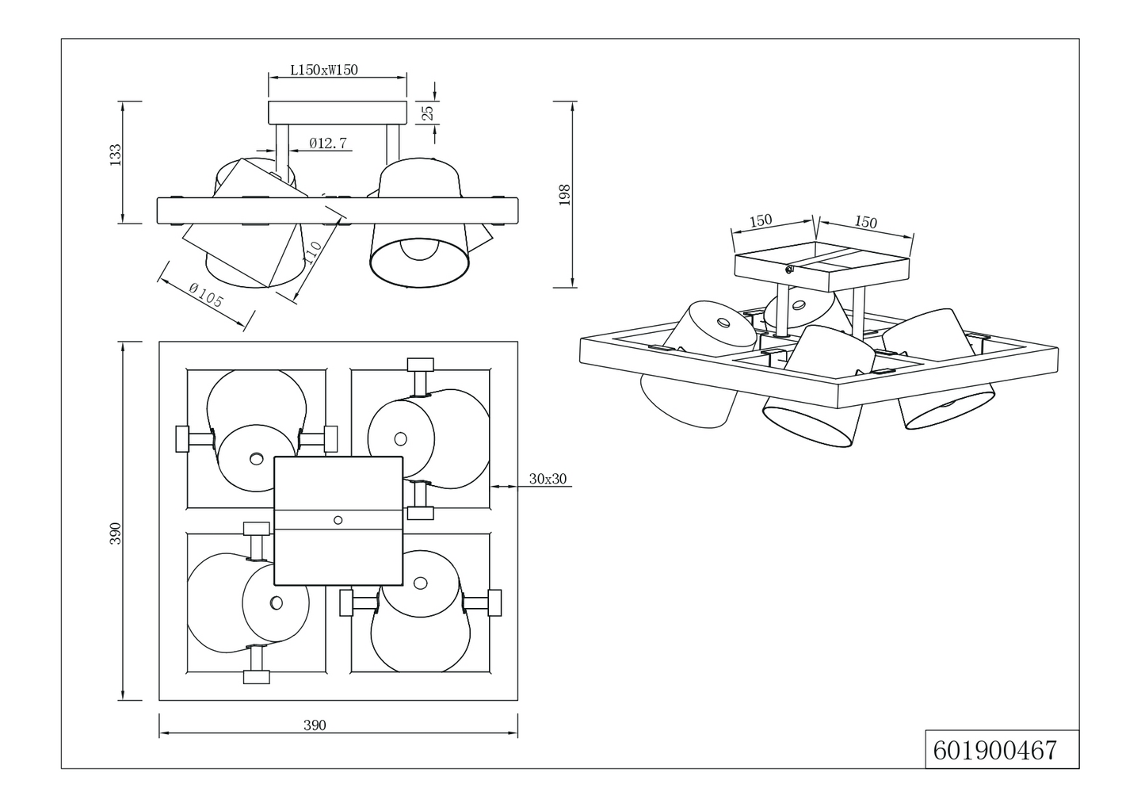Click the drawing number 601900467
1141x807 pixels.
pyautogui.click(x=995, y=750)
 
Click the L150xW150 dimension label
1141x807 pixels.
pyautogui.click(x=324, y=70)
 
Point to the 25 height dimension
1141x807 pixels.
pyautogui.click(x=428, y=113)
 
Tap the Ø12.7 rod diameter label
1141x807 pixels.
pyautogui.click(x=328, y=143)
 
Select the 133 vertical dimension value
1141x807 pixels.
pyautogui.click(x=116, y=154)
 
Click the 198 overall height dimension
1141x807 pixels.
pyautogui.click(x=564, y=194)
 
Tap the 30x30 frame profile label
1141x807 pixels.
pyautogui.click(x=548, y=479)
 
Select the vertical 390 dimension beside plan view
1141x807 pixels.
pyautogui.click(x=116, y=533)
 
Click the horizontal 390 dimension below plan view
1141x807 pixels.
pyautogui.click(x=315, y=725)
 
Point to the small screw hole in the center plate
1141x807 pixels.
pyautogui.click(x=338, y=520)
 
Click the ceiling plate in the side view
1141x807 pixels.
pyautogui.click(x=337, y=112)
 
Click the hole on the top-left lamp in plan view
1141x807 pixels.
pyautogui.click(x=256, y=458)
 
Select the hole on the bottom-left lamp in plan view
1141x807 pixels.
pyautogui.click(x=276, y=602)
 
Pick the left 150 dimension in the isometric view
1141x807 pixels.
pyautogui.click(x=761, y=220)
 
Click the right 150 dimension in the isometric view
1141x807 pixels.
pyautogui.click(x=866, y=222)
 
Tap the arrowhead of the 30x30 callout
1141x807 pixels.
pyautogui.click(x=495, y=485)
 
